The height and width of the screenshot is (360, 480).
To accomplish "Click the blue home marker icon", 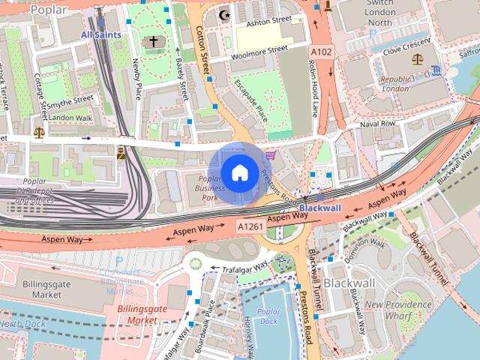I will (x=239, y=173).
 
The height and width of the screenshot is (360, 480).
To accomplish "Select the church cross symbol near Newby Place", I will (x=153, y=42).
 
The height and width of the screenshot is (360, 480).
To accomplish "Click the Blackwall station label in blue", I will (x=320, y=207).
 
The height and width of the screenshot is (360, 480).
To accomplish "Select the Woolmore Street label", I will (x=259, y=49).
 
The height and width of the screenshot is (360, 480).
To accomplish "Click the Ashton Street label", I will (x=270, y=20).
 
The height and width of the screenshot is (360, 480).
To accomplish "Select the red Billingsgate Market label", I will (x=137, y=314).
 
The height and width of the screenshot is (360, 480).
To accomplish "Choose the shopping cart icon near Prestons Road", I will (x=270, y=154).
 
